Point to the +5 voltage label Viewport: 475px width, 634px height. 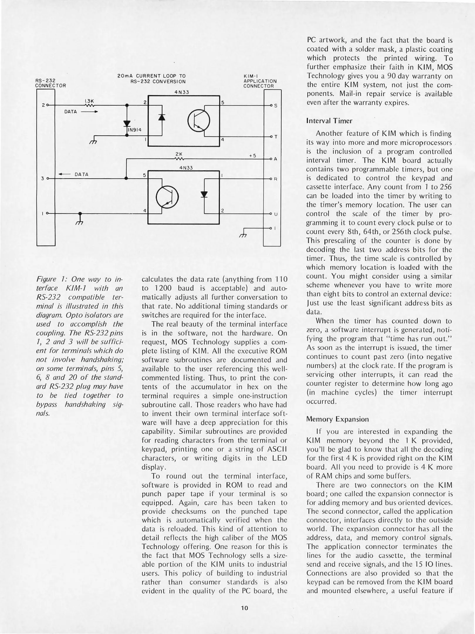click(x=253, y=156)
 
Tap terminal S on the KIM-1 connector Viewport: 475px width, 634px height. click(x=275, y=106)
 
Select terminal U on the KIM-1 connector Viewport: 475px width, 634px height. click(x=275, y=214)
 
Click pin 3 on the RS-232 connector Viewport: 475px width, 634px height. click(x=43, y=178)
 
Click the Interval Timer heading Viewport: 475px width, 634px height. click(x=329, y=121)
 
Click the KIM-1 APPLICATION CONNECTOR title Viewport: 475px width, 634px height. click(x=259, y=81)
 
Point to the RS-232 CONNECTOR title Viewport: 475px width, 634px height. click(x=50, y=83)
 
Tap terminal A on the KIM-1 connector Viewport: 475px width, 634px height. click(x=275, y=159)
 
